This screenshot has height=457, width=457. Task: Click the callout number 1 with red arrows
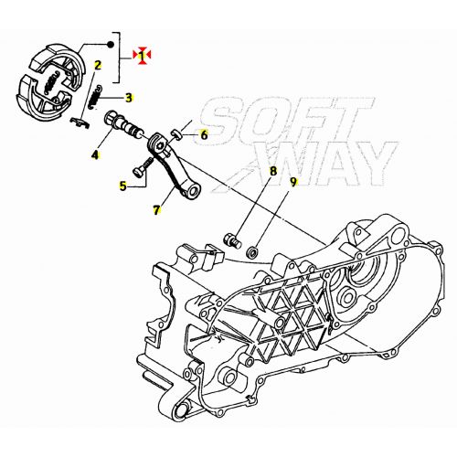[x=142, y=56]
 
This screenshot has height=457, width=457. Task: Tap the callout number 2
[x=98, y=65]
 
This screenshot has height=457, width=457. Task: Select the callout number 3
[x=129, y=98]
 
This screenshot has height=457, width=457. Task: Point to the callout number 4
[x=95, y=155]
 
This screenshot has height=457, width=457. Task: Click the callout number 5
[x=122, y=186]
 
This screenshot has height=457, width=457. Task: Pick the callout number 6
[x=204, y=134]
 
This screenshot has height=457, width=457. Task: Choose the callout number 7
[x=156, y=210]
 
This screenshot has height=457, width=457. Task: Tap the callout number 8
[x=273, y=171]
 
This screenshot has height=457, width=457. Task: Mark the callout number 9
[x=292, y=182]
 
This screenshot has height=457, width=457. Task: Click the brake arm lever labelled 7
[x=174, y=167]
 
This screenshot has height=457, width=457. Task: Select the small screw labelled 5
[x=143, y=166]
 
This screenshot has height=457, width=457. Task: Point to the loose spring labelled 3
[x=95, y=96]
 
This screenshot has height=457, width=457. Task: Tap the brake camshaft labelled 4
[x=124, y=125]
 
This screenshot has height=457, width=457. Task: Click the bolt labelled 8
[x=233, y=239]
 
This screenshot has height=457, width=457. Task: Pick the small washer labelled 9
[x=252, y=252]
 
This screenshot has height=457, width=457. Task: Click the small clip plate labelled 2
[x=80, y=122]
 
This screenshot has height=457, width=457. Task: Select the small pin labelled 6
[x=176, y=134]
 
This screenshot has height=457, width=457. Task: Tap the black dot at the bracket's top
[x=111, y=45]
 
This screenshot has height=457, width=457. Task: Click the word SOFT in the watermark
[x=285, y=119]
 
